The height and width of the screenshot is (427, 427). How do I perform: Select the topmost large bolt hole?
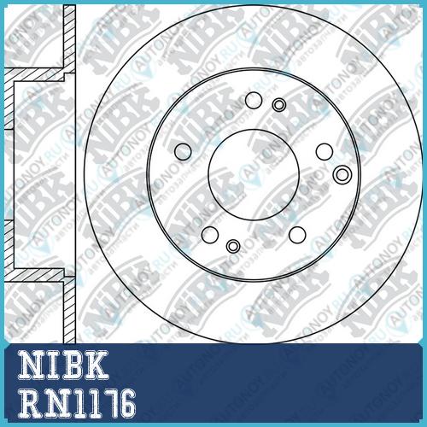point(254,100)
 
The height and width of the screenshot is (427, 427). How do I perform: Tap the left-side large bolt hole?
point(183,151)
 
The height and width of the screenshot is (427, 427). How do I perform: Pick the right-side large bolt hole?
point(325,152)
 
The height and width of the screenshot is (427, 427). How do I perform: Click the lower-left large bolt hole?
point(210,235)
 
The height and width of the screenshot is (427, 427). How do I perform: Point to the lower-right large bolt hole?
point(297,235)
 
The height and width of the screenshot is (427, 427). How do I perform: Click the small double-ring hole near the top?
point(279,105)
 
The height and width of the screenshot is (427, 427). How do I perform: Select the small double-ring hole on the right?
point(342,174)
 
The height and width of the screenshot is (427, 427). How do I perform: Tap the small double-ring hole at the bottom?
point(233,246)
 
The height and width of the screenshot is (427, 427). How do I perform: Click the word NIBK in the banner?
point(63,365)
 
